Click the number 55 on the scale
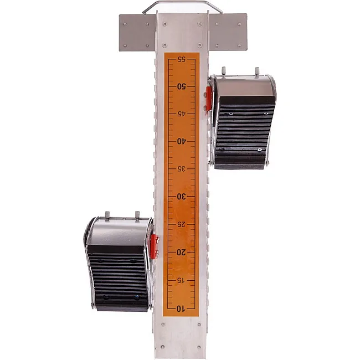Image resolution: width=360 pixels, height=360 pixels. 181,59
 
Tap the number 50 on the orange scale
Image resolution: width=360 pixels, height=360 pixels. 181,86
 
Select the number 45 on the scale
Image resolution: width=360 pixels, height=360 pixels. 181,114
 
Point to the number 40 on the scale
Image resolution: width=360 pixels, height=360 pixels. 181,141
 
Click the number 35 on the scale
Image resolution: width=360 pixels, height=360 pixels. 181,169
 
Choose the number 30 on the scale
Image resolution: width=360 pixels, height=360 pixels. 181,197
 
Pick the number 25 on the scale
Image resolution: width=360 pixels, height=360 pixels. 181,224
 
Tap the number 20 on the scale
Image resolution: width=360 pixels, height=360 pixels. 181,253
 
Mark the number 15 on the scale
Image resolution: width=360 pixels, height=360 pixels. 181,280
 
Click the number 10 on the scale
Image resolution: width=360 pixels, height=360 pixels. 181,309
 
